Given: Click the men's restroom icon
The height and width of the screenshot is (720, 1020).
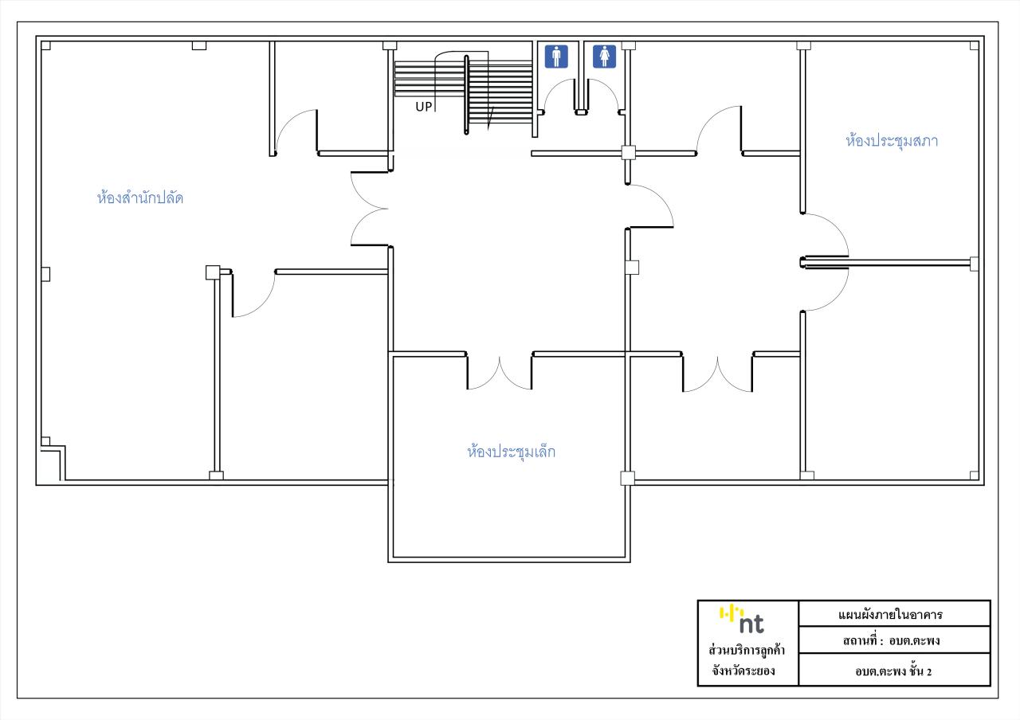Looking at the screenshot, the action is (556, 57).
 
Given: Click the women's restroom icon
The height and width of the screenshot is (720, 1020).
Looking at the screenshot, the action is (604, 57).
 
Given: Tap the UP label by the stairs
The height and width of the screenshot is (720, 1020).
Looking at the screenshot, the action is (423, 107).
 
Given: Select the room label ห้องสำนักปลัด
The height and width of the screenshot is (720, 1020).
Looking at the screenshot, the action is (139, 198).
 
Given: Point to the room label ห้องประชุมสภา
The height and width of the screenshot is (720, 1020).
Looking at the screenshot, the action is (892, 140).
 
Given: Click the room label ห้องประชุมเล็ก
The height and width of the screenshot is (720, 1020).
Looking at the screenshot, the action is (511, 451).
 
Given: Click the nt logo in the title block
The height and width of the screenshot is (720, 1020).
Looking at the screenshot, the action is (742, 620).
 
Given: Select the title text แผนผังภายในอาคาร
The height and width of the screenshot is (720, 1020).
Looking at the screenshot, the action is (890, 614).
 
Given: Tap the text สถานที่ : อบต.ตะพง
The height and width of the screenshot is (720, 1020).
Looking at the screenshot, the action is (891, 641).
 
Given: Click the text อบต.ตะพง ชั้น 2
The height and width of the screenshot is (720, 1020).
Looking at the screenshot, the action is (893, 671).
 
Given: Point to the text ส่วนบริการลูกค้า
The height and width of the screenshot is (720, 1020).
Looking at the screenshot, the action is (747, 651).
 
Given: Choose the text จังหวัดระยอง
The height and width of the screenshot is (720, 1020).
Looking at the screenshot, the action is (743, 671).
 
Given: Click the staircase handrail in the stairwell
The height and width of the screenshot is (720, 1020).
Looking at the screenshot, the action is (466, 95).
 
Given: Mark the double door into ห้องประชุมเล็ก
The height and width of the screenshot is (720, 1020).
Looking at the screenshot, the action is (500, 372).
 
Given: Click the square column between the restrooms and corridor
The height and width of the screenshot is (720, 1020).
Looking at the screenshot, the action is (629, 152).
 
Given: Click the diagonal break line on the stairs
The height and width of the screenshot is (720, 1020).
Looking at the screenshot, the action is (490, 119).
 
